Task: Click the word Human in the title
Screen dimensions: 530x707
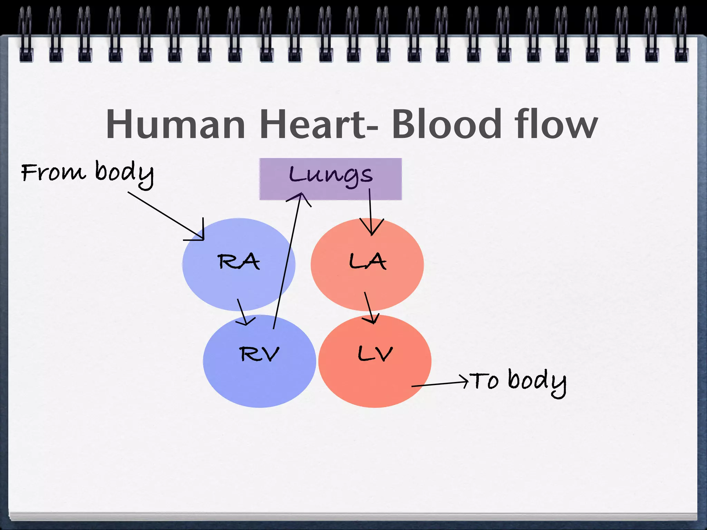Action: (175, 124)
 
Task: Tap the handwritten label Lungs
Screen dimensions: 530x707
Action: (331, 175)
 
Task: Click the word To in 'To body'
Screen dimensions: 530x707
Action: (485, 381)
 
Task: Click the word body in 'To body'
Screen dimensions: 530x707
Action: (537, 382)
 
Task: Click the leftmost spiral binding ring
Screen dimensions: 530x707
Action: (26, 35)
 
